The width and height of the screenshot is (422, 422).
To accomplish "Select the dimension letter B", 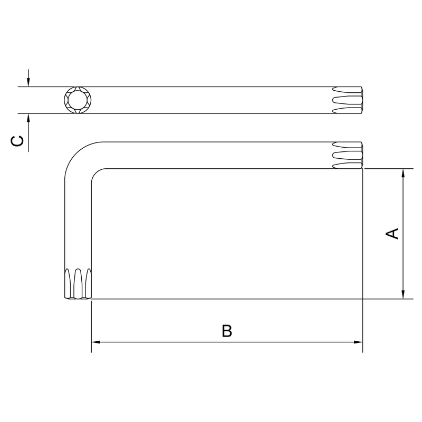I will coord(226,331).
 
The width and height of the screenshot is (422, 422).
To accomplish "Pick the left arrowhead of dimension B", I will coord(97,342).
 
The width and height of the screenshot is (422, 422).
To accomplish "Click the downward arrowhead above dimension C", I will coord(28,82).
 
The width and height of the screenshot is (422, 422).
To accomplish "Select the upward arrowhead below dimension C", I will coord(28,118).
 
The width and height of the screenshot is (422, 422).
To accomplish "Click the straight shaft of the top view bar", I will coord(211,100).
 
